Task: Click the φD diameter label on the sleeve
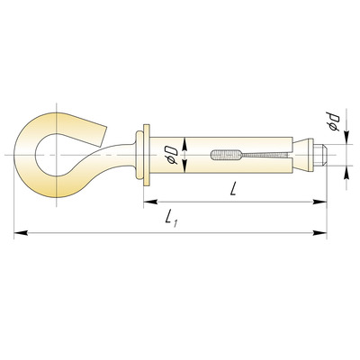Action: [x=173, y=155]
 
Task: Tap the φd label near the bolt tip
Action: [x=333, y=121]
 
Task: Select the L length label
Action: [x=233, y=189]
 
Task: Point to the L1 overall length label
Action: [x=172, y=218]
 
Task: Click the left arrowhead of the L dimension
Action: [x=150, y=202]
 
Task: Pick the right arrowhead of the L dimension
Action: [x=319, y=202]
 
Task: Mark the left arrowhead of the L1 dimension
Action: [x=21, y=232]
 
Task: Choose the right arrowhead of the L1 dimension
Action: [x=319, y=232]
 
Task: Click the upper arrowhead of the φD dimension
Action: [x=184, y=144]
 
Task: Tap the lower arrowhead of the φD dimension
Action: [x=184, y=166]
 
